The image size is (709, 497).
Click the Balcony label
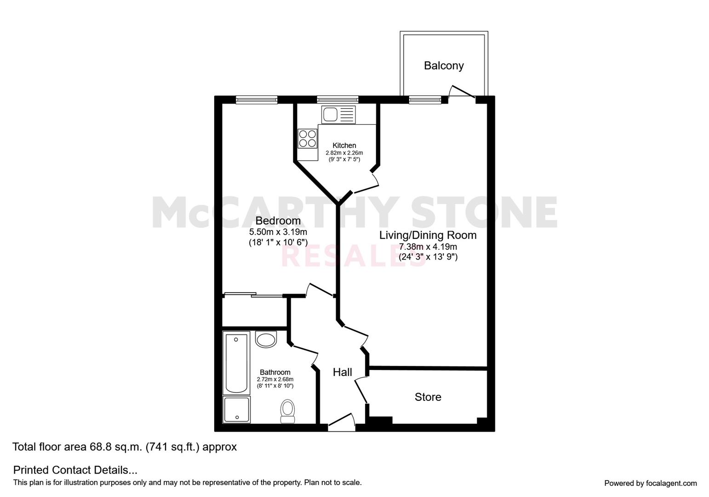pyautogui.click(x=444, y=65)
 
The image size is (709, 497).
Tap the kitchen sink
pyautogui.click(x=339, y=115)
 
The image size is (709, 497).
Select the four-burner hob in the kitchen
pyautogui.click(x=308, y=139)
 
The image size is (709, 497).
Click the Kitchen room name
pyautogui.click(x=344, y=145)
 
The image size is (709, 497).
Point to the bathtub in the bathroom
pyautogui.click(x=236, y=362)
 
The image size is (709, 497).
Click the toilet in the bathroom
pyautogui.click(x=288, y=410)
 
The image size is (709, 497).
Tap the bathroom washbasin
pyautogui.click(x=266, y=340)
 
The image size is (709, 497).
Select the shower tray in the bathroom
pyautogui.click(x=236, y=410)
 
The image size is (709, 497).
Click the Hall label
pyautogui.click(x=343, y=372)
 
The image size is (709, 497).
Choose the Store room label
pyautogui.click(x=428, y=397)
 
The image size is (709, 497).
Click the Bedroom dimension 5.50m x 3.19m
pyautogui.click(x=278, y=232)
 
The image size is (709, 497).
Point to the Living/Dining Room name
pyautogui.click(x=428, y=235)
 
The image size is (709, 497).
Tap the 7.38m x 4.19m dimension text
pyautogui.click(x=428, y=247)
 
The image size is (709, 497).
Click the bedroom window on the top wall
pyautogui.click(x=257, y=99)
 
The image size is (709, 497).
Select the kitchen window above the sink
pyautogui.click(x=337, y=99)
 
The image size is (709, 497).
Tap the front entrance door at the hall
pyautogui.click(x=341, y=422)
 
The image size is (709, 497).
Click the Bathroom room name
pyautogui.click(x=275, y=372)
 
